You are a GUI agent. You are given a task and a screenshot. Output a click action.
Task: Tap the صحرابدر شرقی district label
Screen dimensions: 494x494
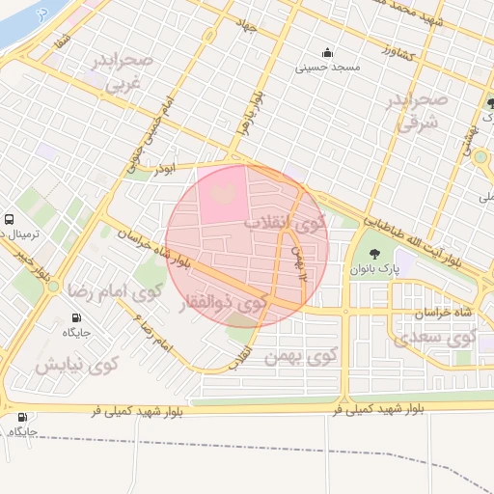[x=417, y=111]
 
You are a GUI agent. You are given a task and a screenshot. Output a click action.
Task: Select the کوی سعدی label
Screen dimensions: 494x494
[x=435, y=337]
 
